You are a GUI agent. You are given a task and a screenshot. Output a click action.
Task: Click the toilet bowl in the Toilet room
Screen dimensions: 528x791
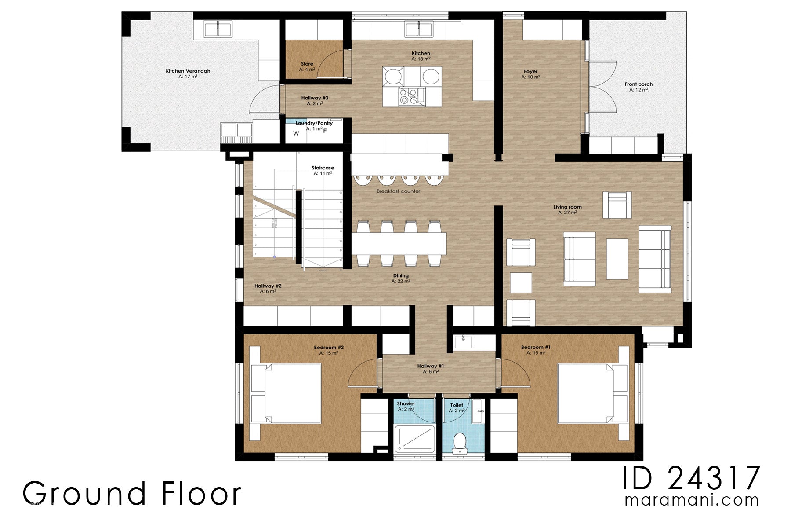coord(460,442)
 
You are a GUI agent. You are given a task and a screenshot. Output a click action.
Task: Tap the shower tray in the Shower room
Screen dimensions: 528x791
coord(414,438)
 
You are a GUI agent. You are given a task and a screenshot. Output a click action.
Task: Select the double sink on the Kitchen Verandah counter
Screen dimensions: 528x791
coord(218,29)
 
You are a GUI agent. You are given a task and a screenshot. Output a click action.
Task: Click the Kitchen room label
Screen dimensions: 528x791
coord(421,53)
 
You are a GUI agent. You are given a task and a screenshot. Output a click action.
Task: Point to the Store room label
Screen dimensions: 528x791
coord(307,64)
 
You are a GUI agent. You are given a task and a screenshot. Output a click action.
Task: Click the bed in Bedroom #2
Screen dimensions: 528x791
coord(286,392)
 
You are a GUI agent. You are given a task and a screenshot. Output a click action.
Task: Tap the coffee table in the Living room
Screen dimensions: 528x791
coord(617,259)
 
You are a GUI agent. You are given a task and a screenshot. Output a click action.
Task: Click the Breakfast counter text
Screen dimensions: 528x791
coord(398,191)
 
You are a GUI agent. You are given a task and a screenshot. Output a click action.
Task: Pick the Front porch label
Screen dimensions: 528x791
coord(639,84)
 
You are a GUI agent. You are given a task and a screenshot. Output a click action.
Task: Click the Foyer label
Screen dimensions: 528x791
coord(530,71)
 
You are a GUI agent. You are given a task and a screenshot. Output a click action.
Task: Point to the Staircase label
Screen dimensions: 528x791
coord(323,168)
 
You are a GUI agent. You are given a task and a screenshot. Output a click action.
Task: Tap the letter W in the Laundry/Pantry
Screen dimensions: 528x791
coord(296,133)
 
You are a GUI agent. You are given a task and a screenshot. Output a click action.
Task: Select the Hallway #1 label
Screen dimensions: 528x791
coord(431,366)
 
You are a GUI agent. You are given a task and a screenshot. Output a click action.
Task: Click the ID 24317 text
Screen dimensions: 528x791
coord(691,478)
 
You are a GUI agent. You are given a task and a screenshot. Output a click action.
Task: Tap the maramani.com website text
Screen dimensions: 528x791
coord(691,500)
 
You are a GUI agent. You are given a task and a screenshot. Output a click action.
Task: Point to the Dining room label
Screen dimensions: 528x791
coord(401,276)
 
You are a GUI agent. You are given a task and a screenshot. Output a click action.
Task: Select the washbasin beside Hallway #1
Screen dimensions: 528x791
coord(463,341)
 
